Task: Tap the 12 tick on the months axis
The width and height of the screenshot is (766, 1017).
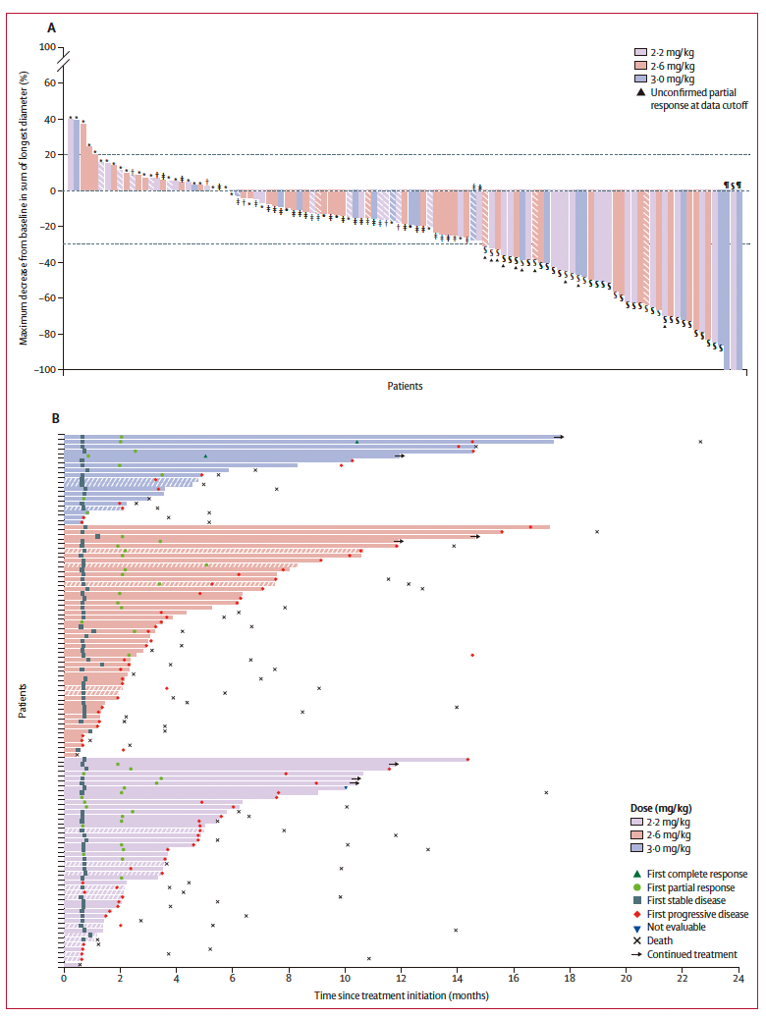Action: click(x=401, y=978)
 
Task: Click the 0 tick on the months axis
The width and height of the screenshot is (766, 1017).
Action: click(x=64, y=978)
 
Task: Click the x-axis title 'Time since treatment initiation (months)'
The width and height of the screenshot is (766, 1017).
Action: click(x=401, y=994)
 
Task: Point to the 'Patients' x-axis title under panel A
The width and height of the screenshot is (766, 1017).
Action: click(x=403, y=386)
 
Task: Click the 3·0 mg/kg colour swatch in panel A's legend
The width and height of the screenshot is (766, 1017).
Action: click(x=640, y=79)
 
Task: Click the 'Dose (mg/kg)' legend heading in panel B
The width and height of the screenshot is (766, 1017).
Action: click(x=661, y=808)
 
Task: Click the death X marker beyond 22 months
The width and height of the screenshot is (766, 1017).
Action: click(x=700, y=442)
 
